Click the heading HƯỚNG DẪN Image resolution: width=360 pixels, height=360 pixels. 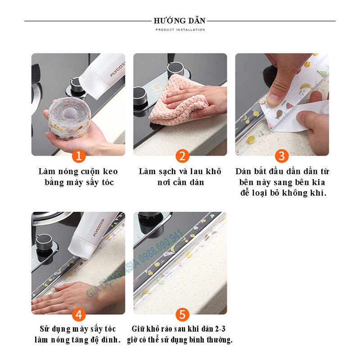[x=180, y=21]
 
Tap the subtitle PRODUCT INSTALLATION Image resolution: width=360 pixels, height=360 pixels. [x=180, y=30]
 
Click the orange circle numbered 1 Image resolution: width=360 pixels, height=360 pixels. [x=78, y=156]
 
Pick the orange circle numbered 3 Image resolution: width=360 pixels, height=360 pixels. [x=282, y=156]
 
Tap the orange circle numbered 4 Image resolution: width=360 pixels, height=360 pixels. [x=78, y=314]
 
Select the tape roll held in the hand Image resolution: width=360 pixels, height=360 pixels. [x=67, y=118]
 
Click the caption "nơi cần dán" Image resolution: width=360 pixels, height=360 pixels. [x=180, y=182]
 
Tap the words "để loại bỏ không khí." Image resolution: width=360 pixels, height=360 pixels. [x=282, y=193]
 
